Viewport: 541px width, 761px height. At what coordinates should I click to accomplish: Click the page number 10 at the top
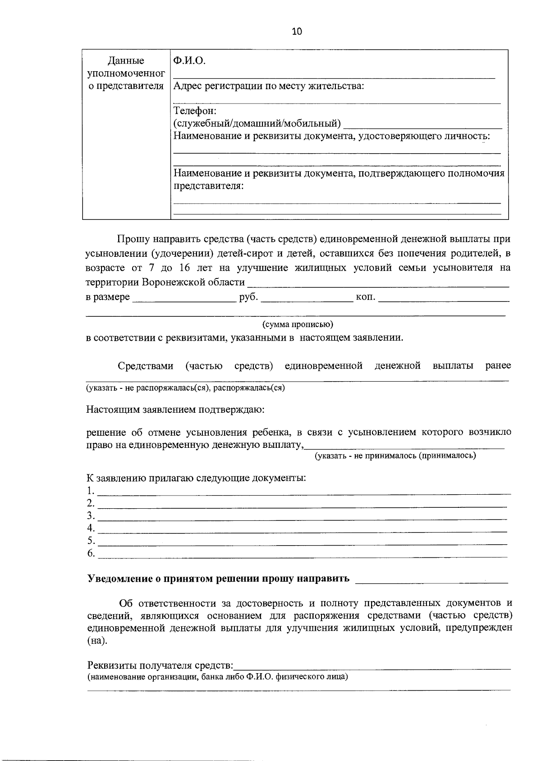pyautogui.click(x=297, y=31)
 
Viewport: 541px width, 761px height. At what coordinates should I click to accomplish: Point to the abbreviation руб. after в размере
pyautogui.click(x=248, y=297)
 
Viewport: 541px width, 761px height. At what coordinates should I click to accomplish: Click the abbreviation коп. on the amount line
pyautogui.click(x=366, y=297)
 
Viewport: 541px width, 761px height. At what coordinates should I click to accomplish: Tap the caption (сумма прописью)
pyautogui.click(x=298, y=324)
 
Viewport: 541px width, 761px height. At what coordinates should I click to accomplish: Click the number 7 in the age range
pyautogui.click(x=151, y=268)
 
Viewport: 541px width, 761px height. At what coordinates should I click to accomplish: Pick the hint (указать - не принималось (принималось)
pyautogui.click(x=395, y=456)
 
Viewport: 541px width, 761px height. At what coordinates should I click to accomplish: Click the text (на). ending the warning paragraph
pyautogui.click(x=97, y=641)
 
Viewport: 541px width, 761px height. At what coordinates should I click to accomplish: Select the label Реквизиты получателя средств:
pyautogui.click(x=160, y=665)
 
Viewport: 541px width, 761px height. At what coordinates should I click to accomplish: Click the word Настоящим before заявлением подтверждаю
pyautogui.click(x=113, y=410)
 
